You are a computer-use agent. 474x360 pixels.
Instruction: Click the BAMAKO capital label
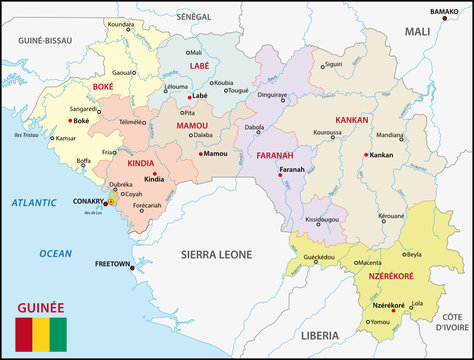[444, 11]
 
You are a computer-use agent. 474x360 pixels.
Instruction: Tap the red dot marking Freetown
[132, 267]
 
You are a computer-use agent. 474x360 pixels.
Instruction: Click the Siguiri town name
[333, 64]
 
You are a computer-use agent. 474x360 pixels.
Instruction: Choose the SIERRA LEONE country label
[216, 255]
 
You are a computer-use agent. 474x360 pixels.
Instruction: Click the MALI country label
[416, 32]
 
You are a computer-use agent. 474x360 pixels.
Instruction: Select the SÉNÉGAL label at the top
[194, 17]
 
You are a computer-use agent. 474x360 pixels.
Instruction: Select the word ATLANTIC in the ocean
[35, 203]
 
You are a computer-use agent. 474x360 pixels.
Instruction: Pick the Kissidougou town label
[322, 218]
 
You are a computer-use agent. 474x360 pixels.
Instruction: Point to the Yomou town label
[380, 322]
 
